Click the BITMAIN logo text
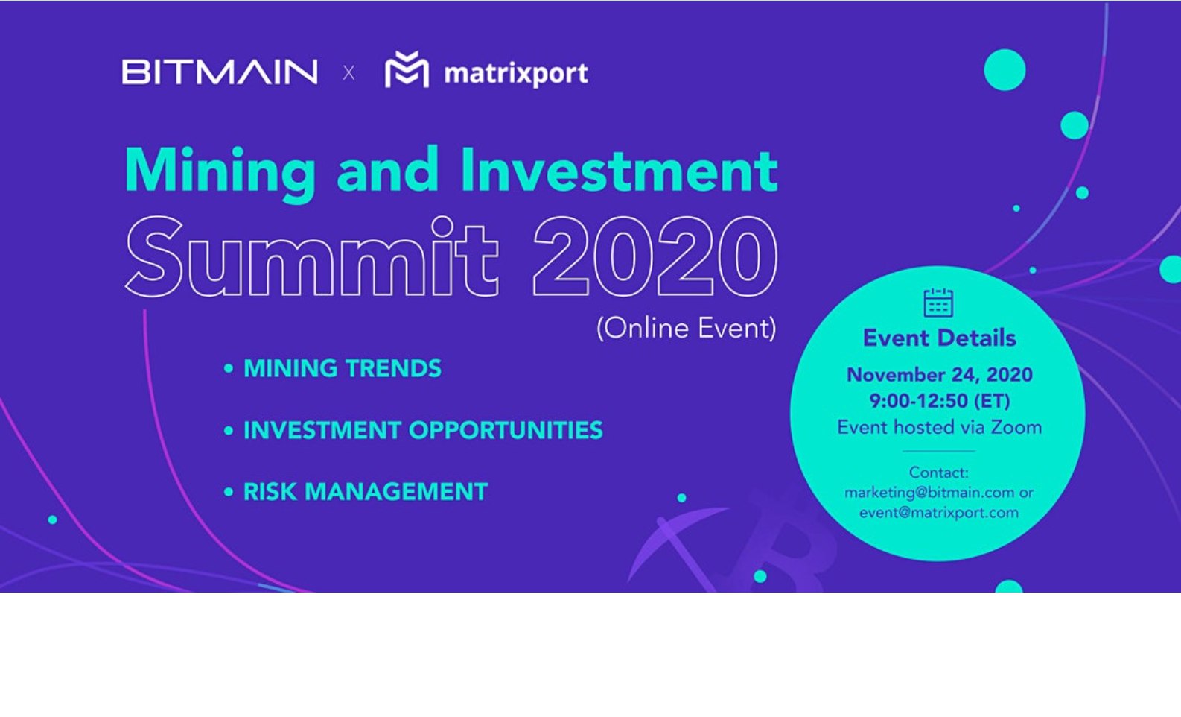pyautogui.click(x=220, y=72)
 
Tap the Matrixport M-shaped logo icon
pyautogui.click(x=407, y=69)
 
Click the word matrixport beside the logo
pyautogui.click(x=516, y=73)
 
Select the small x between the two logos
pyautogui.click(x=348, y=72)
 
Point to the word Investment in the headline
pyautogui.click(x=619, y=170)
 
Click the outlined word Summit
pyautogui.click(x=311, y=256)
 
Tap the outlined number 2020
pyautogui.click(x=655, y=256)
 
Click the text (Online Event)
pyautogui.click(x=687, y=328)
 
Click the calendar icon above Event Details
pyautogui.click(x=938, y=303)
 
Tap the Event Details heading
pyautogui.click(x=939, y=338)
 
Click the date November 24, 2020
pyautogui.click(x=940, y=375)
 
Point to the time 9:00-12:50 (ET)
pyautogui.click(x=940, y=401)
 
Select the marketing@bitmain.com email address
pyautogui.click(x=929, y=493)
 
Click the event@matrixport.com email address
pyautogui.click(x=939, y=513)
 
